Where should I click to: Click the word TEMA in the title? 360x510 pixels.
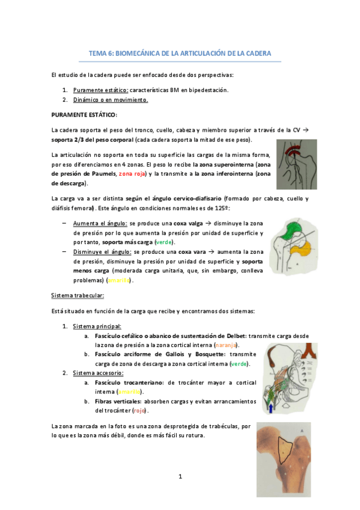[97, 53]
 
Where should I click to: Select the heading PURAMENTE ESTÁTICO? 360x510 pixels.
[85, 114]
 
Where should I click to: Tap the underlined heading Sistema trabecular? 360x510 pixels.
[78, 296]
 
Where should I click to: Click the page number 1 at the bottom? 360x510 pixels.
[179, 476]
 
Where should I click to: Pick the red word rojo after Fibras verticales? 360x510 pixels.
[139, 411]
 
